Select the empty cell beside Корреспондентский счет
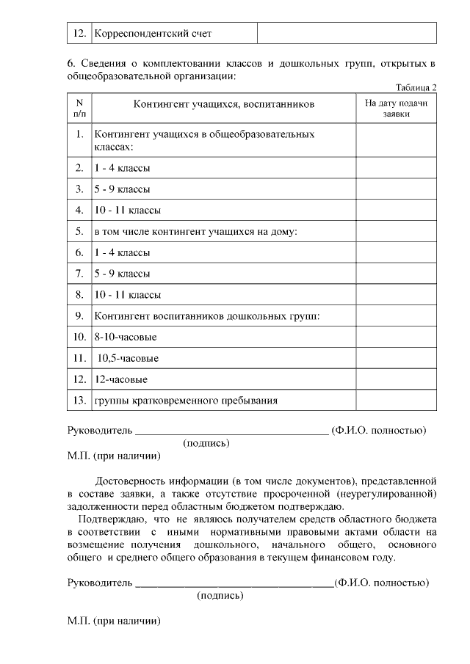pos(347,34)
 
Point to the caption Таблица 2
pos(416,87)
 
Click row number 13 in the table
pos(79,401)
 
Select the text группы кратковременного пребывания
pos(186,401)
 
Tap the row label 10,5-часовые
pos(129,358)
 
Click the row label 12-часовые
pos(120,379)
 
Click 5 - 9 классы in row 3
pos(122,189)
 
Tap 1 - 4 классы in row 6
pos(122,252)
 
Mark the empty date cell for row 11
pos(396,358)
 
